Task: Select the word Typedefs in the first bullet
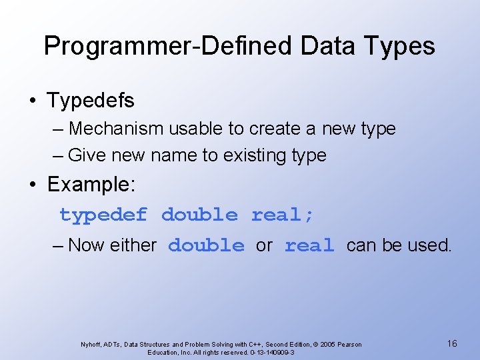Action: [91, 101]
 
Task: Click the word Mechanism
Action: [117, 128]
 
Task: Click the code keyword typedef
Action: [103, 215]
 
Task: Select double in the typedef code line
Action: [199, 215]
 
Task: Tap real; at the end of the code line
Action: [283, 215]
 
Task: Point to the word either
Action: [133, 245]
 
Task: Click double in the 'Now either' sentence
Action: [206, 246]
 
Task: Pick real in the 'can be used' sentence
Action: [309, 246]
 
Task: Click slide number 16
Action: [452, 343]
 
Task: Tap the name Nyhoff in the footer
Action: [91, 344]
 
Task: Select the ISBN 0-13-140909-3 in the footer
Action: [272, 352]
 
